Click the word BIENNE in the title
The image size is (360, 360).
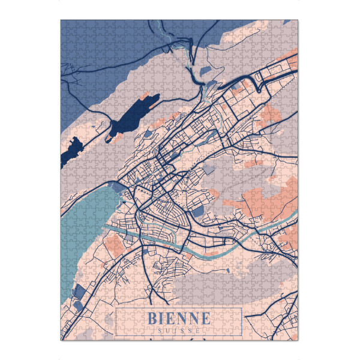pos(178,318)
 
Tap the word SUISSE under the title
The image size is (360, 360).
pos(178,330)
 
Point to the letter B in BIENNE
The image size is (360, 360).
pos(152,318)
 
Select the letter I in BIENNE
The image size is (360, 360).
pos(163,318)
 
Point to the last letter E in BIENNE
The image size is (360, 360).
pos(205,318)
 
